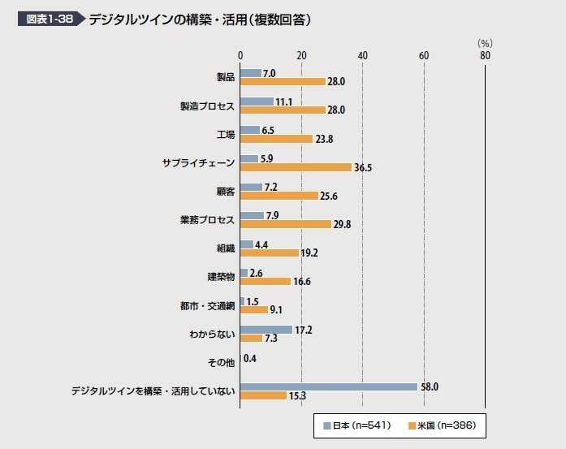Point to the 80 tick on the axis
point(485,55)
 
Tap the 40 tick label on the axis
point(362,55)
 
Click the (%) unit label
point(485,43)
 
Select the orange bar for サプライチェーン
point(296,167)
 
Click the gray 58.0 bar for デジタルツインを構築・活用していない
point(329,386)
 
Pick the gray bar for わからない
point(266,330)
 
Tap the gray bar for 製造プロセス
point(257,101)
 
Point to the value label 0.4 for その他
point(250,358)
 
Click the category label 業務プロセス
point(207,220)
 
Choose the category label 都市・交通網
point(207,305)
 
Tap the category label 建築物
point(221,277)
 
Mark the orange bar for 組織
point(270,253)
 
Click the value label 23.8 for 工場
point(324,139)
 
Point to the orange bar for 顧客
point(279,196)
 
